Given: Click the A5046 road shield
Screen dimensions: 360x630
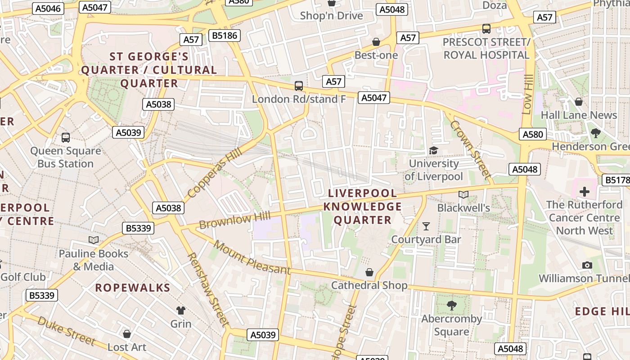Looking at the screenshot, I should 48,9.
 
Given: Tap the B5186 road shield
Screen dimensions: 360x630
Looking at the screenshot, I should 225,36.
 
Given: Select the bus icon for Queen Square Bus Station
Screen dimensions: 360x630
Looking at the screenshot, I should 66,137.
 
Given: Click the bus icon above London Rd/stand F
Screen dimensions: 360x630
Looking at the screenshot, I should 298,85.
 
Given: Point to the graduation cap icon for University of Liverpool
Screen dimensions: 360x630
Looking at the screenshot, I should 433,150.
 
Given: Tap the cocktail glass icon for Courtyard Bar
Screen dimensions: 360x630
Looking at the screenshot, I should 426,226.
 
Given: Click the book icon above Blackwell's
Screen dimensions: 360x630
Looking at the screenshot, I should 463,194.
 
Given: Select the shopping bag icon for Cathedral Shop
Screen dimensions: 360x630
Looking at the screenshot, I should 369,272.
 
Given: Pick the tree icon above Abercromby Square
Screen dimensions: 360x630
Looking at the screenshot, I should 451,306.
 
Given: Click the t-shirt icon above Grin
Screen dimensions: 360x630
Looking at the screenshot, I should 181,310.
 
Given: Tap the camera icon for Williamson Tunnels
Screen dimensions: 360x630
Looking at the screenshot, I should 587,265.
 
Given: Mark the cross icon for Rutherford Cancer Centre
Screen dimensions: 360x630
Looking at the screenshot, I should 584,192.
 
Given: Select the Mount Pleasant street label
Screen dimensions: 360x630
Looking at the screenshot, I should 252,258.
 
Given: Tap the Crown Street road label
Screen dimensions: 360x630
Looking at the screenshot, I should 469,148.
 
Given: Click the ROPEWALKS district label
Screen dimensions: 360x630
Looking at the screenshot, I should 132,288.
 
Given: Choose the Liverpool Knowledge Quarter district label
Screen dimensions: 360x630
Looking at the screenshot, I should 363,207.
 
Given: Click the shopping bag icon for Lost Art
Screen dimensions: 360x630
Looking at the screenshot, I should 127,334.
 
